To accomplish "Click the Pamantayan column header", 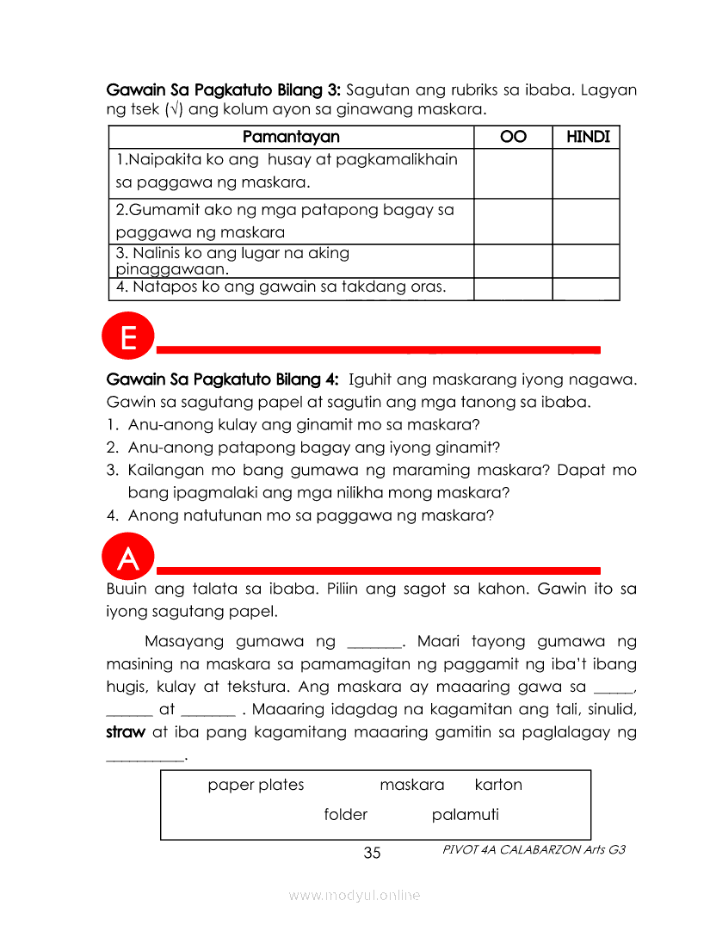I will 291,137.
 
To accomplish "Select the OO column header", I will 513,137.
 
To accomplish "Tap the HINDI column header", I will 588,137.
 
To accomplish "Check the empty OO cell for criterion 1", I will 513,173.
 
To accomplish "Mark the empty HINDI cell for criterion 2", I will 586,221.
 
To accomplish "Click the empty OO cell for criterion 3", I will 513,261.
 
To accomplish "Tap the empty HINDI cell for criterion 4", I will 586,288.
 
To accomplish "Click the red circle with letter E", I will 128,337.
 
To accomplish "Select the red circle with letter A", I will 128,558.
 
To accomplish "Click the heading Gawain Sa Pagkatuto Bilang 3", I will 223,89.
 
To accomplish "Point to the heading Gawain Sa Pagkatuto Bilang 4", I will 223,379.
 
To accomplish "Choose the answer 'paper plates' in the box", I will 256,785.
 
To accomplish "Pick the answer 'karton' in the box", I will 498,785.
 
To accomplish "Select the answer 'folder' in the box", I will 346,815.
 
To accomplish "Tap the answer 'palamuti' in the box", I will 465,815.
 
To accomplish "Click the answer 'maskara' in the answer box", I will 412,785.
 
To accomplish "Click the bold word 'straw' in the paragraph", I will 125,733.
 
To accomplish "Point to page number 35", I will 372,853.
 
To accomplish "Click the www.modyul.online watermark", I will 355,896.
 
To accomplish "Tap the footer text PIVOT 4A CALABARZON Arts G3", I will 534,849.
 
